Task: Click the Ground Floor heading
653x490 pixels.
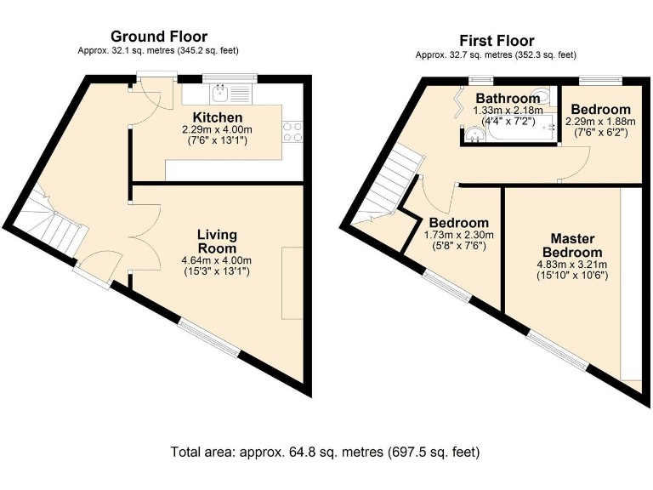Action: click(x=159, y=37)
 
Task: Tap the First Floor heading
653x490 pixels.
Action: click(x=497, y=41)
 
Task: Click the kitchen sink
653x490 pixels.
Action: click(x=219, y=94)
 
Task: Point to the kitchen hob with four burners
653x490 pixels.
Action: click(x=292, y=132)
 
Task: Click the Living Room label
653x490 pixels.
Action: click(x=217, y=242)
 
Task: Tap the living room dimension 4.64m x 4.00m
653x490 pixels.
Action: click(x=217, y=261)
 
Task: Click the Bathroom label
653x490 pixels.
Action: click(x=508, y=99)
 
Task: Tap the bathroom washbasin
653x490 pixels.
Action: click(x=474, y=134)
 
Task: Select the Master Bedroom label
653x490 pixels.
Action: click(x=572, y=245)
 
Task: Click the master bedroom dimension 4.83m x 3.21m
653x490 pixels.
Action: click(x=572, y=265)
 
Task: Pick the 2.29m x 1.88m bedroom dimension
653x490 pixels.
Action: click(x=600, y=122)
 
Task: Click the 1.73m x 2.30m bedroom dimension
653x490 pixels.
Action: click(x=459, y=235)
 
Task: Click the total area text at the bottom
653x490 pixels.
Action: click(x=326, y=452)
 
